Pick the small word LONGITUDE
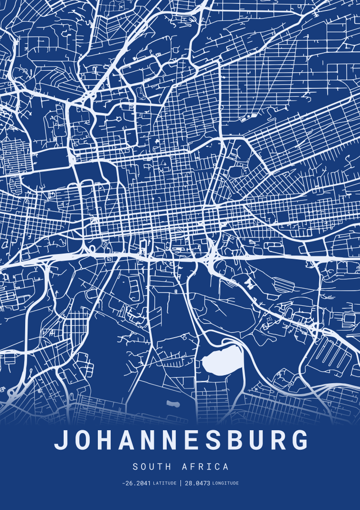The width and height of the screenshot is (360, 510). click(x=226, y=483)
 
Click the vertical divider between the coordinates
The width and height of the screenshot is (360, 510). click(x=180, y=483)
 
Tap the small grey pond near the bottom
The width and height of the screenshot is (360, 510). click(x=173, y=404)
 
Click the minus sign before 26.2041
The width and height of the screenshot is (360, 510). click(x=123, y=483)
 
